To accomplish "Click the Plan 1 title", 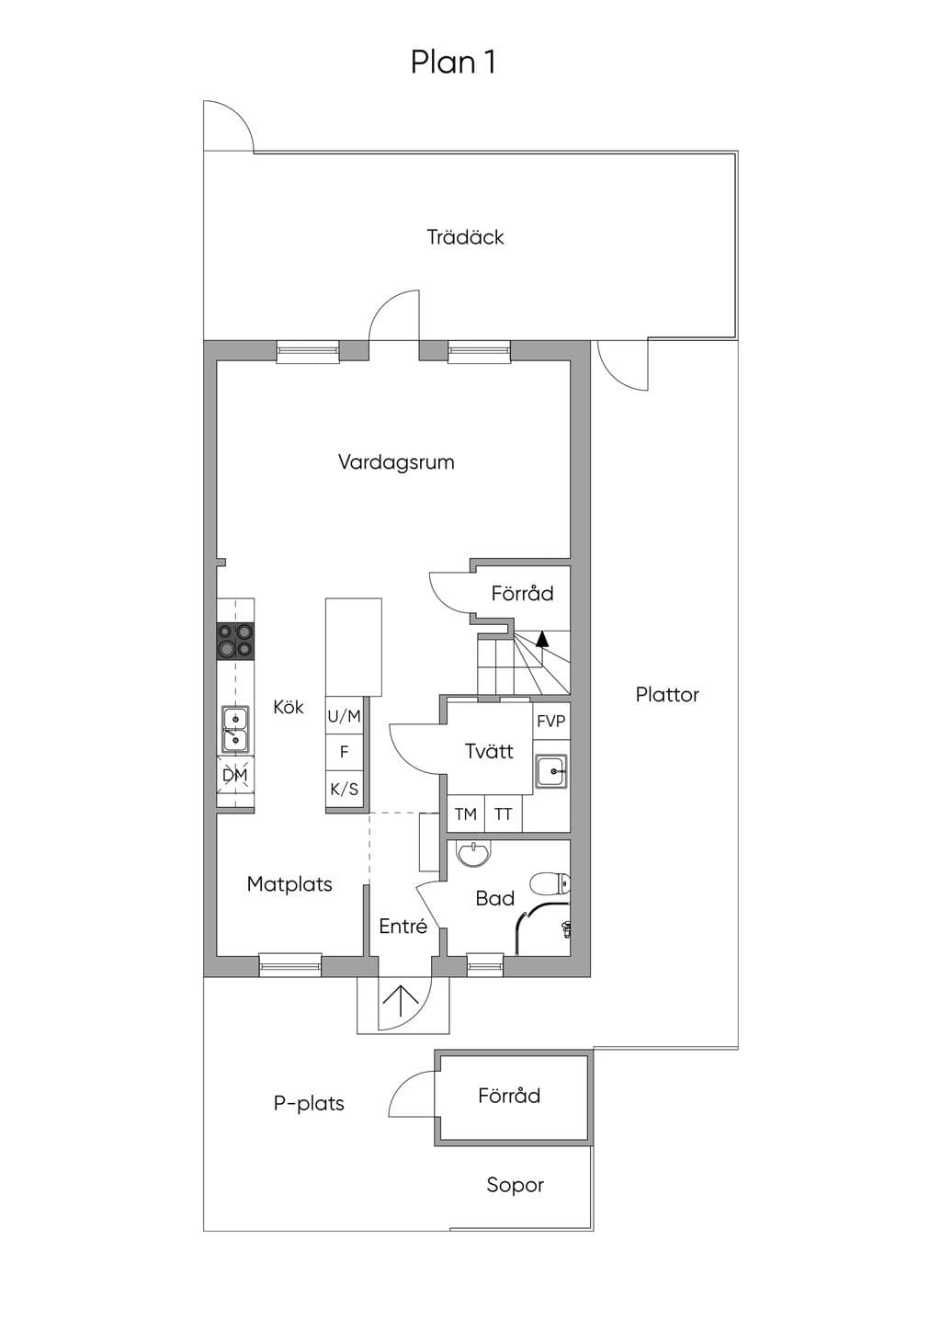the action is pyautogui.click(x=453, y=63).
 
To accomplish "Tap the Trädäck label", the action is pyautogui.click(x=465, y=237).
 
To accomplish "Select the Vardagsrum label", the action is pyautogui.click(x=396, y=462).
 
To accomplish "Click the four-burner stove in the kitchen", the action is pyautogui.click(x=236, y=641).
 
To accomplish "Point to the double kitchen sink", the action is pyautogui.click(x=236, y=729).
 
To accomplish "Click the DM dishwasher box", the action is pyautogui.click(x=235, y=775).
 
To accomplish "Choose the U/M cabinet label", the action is pyautogui.click(x=344, y=717).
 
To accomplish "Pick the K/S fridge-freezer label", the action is pyautogui.click(x=344, y=789).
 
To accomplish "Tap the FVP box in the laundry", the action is pyautogui.click(x=551, y=721).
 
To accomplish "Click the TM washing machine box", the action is pyautogui.click(x=466, y=814).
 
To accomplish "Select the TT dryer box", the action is pyautogui.click(x=504, y=814).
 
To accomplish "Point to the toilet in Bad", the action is pyautogui.click(x=550, y=883).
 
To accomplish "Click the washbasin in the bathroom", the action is pyautogui.click(x=473, y=854).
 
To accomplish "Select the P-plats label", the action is pyautogui.click(x=309, y=1103).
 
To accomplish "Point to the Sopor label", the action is pyautogui.click(x=515, y=1186).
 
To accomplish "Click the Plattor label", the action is pyautogui.click(x=667, y=695).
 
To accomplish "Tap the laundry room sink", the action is pyautogui.click(x=550, y=771).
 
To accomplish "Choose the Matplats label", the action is pyautogui.click(x=289, y=884).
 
